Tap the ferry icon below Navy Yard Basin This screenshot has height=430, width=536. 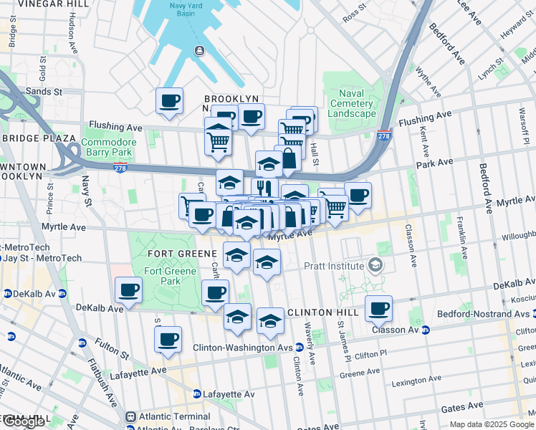(x=198, y=50)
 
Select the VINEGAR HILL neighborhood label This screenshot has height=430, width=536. (x=44, y=4)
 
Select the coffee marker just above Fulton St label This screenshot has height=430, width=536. (x=168, y=339)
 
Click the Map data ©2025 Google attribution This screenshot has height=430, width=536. (x=491, y=424)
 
